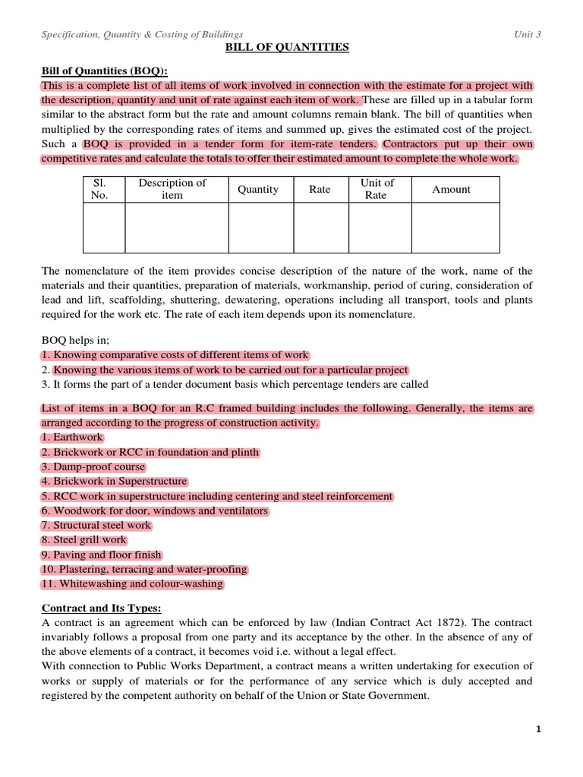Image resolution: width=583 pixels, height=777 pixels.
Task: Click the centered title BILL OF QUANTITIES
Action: (287, 48)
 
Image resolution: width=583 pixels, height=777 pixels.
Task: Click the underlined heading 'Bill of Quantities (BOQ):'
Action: (104, 71)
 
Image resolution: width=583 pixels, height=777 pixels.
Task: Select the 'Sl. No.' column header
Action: (100, 189)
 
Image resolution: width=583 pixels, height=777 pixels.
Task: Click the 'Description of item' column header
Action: (172, 189)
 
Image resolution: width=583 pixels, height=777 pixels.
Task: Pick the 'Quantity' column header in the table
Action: (258, 190)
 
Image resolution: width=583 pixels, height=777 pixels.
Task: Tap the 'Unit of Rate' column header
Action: (377, 189)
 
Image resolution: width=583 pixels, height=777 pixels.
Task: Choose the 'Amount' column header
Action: (452, 190)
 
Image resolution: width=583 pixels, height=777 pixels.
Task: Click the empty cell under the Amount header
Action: (455, 228)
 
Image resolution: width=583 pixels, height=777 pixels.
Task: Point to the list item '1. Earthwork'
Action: (72, 438)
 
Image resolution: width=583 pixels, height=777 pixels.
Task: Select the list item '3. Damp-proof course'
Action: (93, 467)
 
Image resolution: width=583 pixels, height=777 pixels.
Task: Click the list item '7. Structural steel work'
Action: (96, 525)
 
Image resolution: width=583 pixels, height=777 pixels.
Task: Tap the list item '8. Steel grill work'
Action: (84, 540)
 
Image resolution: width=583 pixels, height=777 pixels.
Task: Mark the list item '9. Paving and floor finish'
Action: (101, 555)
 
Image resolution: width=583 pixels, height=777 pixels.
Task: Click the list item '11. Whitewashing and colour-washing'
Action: (132, 584)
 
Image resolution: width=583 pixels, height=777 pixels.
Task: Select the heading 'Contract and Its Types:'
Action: (101, 609)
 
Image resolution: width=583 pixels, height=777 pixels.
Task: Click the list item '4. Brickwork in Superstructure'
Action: (114, 482)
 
